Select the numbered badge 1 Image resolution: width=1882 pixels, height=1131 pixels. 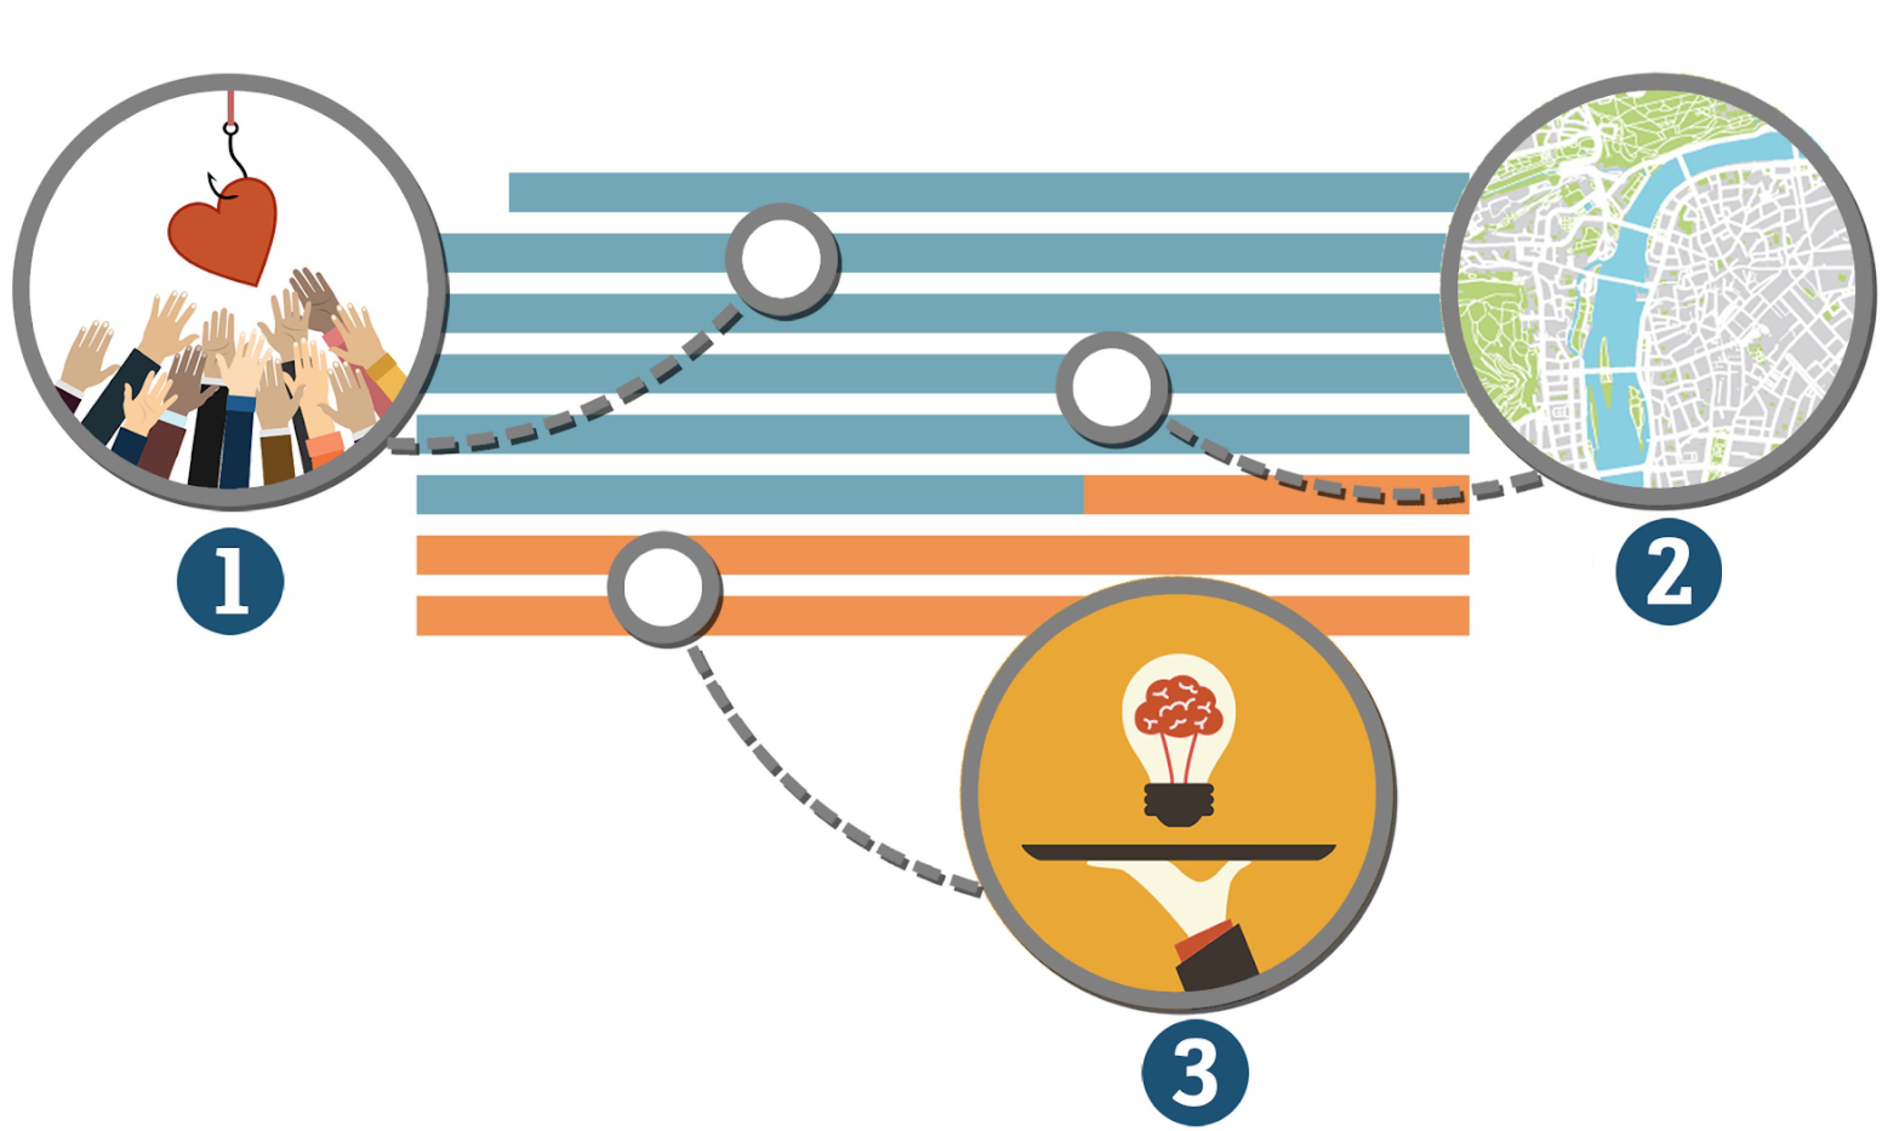pos(230,581)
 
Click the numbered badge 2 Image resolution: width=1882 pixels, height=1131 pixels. pos(1668,572)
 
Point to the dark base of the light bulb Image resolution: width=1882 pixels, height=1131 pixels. pos(1179,805)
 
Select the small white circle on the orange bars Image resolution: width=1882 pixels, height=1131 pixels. pos(663,589)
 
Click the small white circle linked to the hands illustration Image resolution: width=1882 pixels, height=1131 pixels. pos(782,259)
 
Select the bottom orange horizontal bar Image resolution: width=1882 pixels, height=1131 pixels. pos(942,615)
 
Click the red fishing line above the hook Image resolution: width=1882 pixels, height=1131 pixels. pos(231,107)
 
